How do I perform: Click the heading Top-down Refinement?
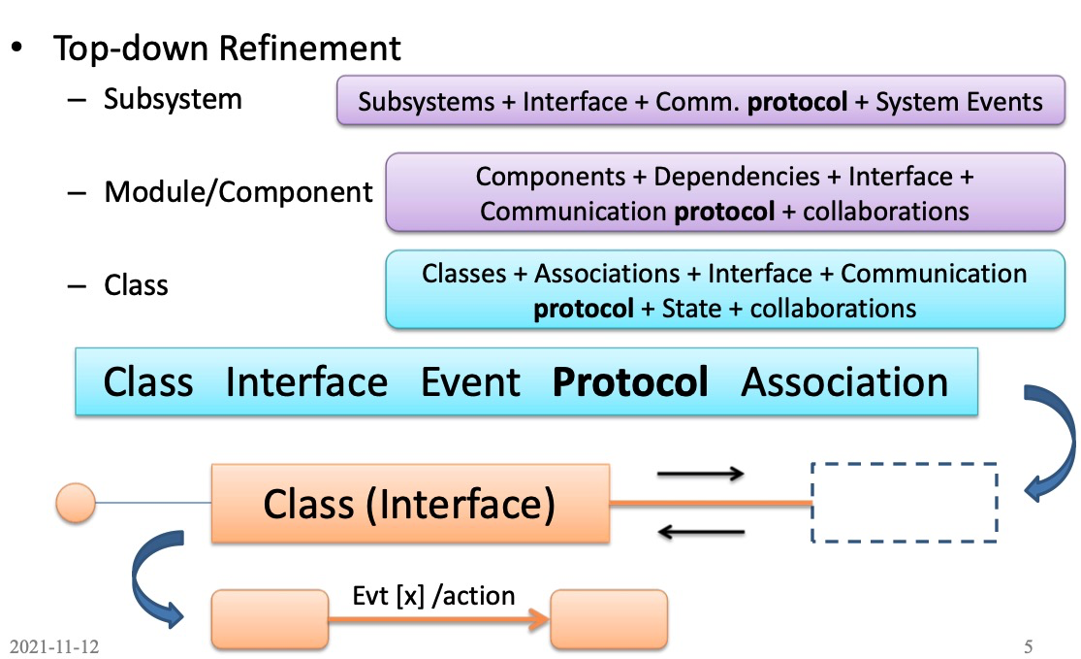(x=227, y=49)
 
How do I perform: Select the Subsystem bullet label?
(x=173, y=99)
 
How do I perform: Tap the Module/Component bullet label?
(x=238, y=192)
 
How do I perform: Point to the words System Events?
(x=959, y=103)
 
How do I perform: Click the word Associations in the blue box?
(x=607, y=274)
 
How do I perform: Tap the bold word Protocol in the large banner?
(x=630, y=382)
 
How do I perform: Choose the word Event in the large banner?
(x=470, y=382)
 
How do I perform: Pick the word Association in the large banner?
(x=844, y=382)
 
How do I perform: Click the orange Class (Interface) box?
(x=410, y=504)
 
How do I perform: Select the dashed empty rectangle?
(x=904, y=502)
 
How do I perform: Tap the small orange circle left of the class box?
(x=77, y=503)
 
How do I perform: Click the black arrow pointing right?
(x=700, y=474)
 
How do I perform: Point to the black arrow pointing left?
(x=700, y=532)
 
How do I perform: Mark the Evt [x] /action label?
(x=432, y=596)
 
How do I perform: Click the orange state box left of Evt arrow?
(x=270, y=618)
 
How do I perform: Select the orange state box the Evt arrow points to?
(x=609, y=618)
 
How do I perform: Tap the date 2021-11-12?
(x=54, y=646)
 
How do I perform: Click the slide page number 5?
(x=1030, y=646)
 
